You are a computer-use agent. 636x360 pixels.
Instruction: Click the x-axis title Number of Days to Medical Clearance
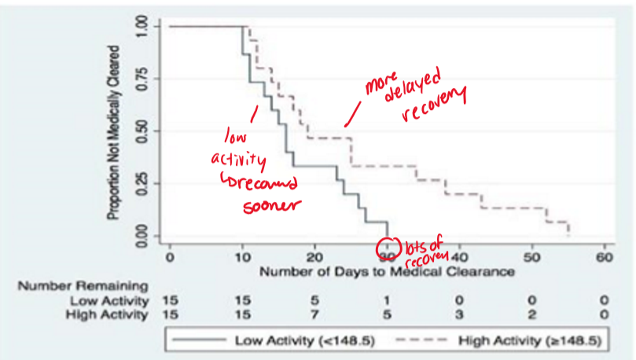(387, 272)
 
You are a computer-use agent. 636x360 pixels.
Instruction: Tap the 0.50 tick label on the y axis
(142, 131)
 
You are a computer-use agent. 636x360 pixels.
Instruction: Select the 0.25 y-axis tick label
(142, 183)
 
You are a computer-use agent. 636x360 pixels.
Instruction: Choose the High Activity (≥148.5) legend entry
(488, 340)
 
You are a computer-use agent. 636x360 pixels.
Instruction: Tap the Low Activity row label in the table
(105, 300)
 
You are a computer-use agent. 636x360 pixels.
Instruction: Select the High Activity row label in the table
(103, 315)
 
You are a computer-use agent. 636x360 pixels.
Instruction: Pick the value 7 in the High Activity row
(314, 315)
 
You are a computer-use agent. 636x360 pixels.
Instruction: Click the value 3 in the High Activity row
(459, 315)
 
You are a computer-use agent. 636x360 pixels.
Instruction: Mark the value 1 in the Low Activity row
(387, 300)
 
